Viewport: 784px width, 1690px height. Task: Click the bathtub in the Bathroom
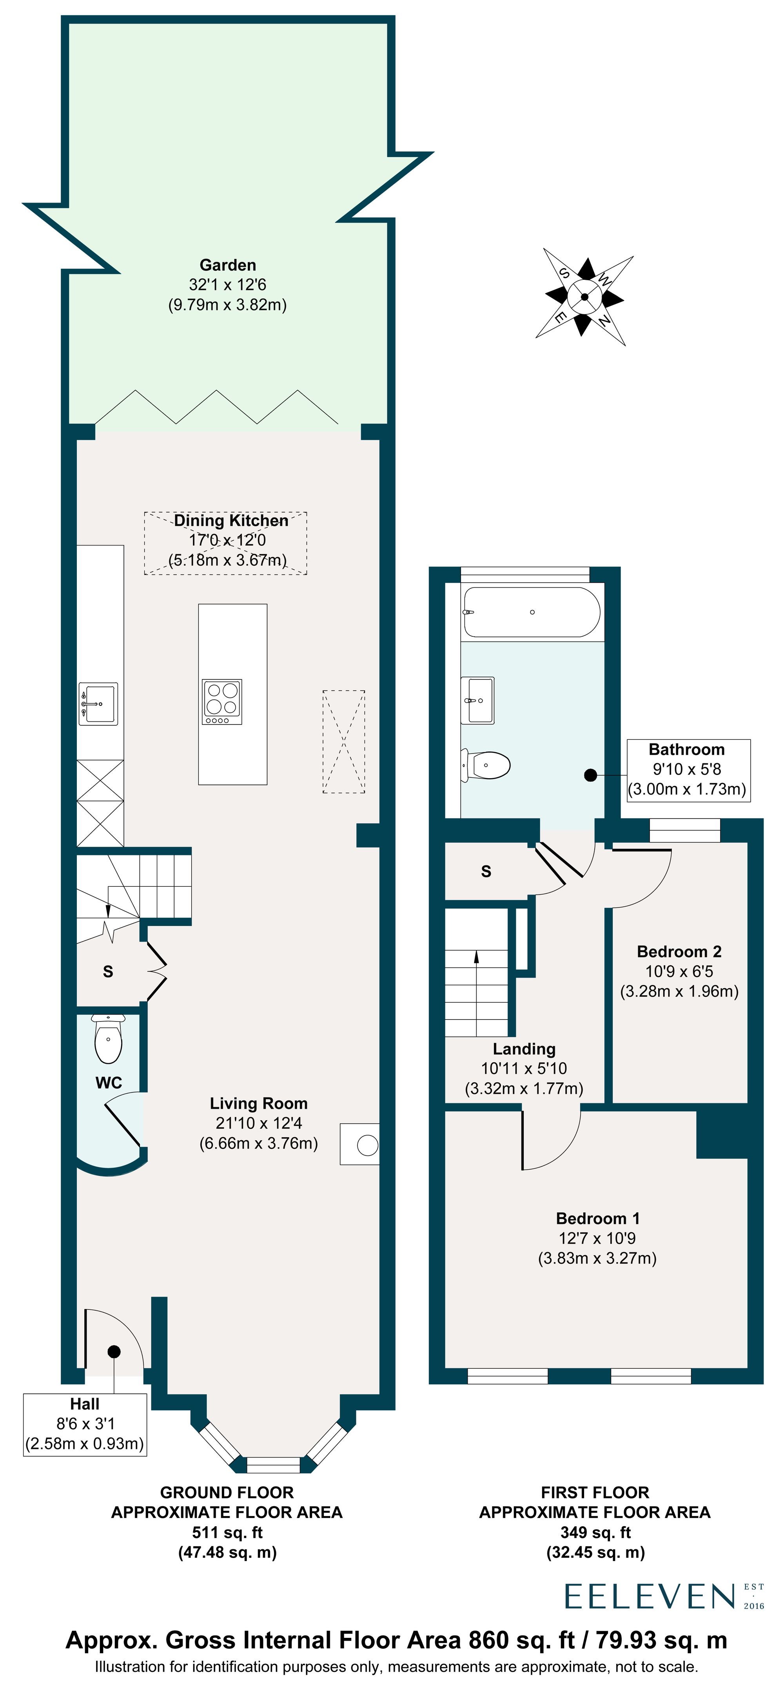532,612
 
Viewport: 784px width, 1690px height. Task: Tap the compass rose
584,297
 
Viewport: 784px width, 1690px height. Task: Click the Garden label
228,265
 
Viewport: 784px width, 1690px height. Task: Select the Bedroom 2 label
679,951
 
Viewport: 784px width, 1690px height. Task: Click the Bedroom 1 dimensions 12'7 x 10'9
597,1238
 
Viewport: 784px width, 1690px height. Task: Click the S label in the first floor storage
486,871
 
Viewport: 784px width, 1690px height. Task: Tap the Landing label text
524,1049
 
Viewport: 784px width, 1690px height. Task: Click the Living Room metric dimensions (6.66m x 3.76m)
258,1143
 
